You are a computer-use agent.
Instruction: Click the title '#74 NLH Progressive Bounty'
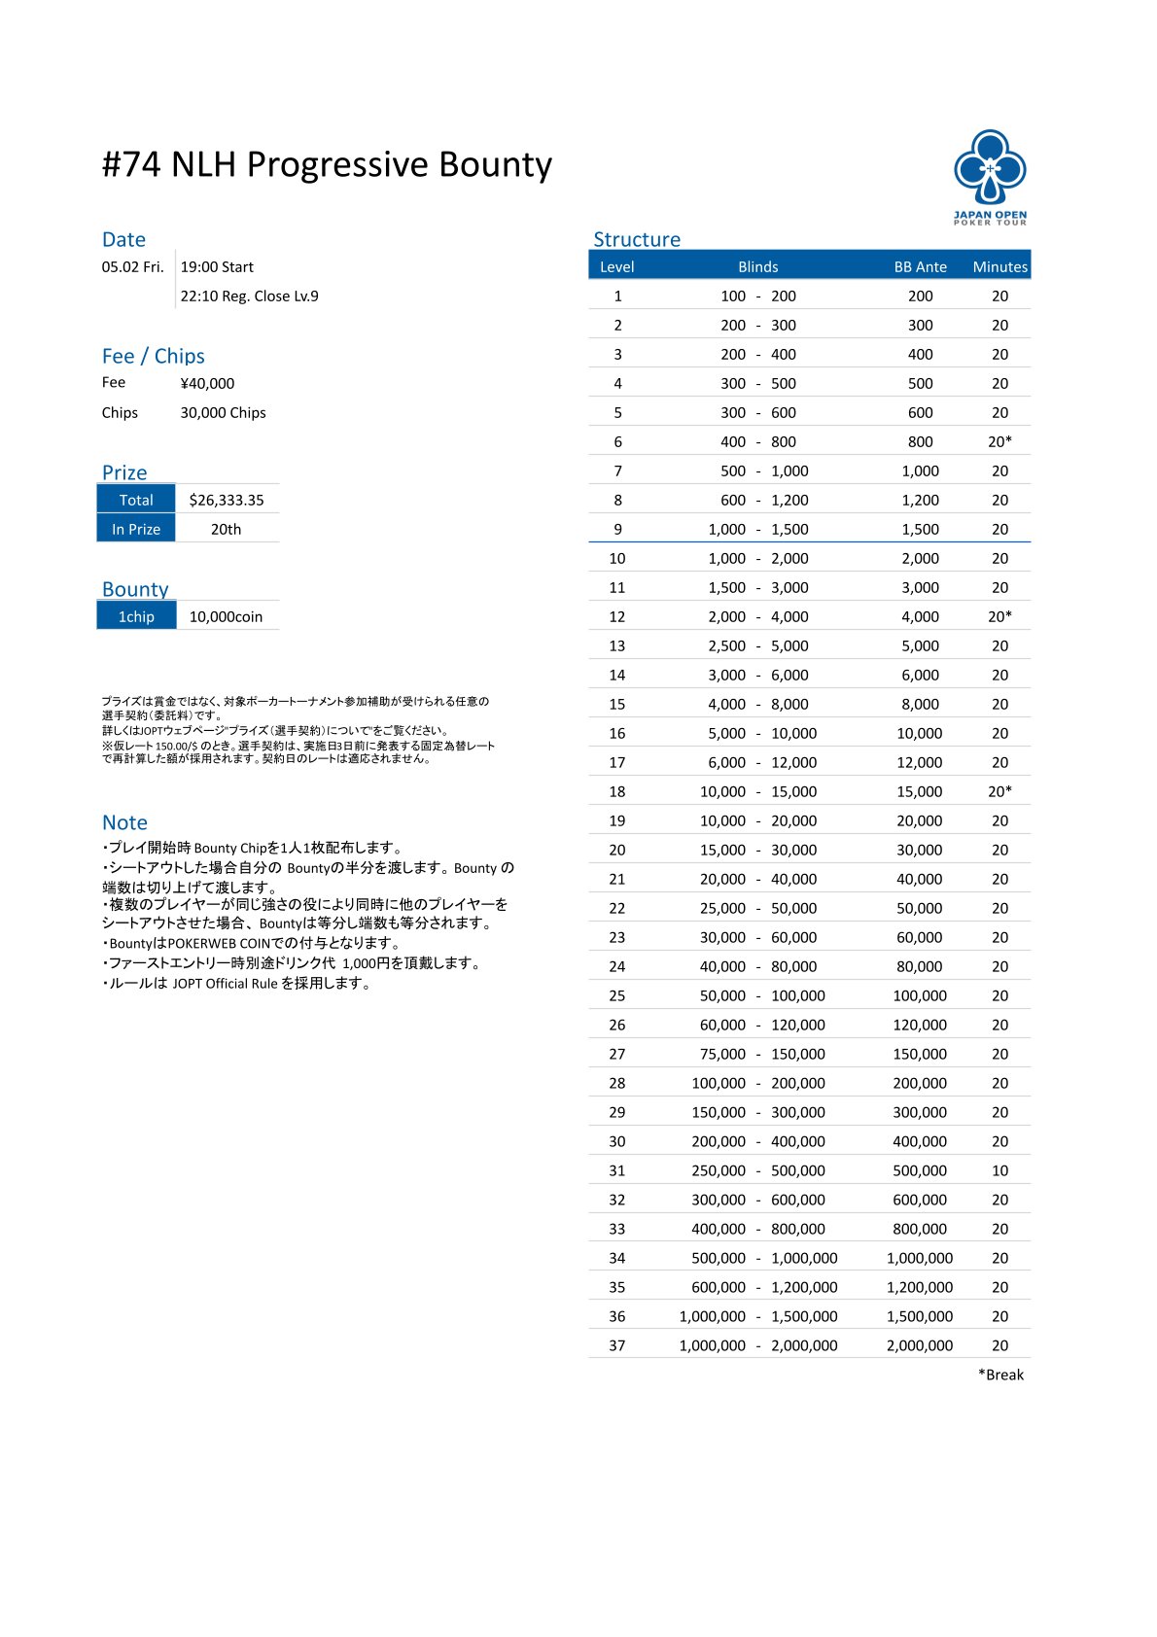tap(327, 164)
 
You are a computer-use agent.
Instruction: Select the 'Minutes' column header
tap(999, 266)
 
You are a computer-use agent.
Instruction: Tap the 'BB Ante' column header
tap(920, 266)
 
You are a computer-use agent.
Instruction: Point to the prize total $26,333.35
tap(227, 500)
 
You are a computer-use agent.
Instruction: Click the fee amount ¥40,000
tap(207, 383)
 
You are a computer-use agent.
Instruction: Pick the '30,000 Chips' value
tap(223, 412)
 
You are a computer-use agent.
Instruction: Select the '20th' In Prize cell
tap(226, 529)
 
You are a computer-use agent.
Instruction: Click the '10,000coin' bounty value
tap(226, 616)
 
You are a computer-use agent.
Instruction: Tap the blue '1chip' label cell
tap(136, 616)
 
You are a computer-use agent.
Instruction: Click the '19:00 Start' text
tap(217, 266)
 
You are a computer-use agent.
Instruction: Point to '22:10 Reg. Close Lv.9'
tap(249, 296)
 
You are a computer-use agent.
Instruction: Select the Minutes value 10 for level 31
tap(999, 1170)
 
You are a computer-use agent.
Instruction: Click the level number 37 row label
tap(616, 1345)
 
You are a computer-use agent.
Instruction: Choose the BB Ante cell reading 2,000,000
tap(919, 1345)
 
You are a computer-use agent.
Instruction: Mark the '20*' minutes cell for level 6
tap(999, 441)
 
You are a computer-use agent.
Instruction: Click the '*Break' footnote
tap(1000, 1375)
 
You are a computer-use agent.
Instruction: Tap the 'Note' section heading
tap(124, 822)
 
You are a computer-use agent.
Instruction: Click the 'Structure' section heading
tap(637, 239)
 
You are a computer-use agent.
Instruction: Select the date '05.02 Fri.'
tap(132, 266)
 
